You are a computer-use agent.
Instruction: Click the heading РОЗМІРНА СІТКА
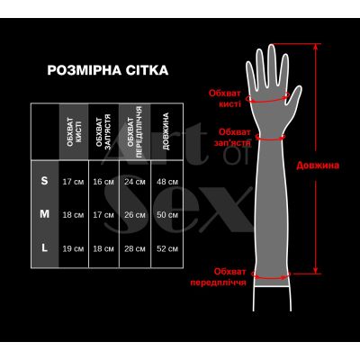[x=105, y=70]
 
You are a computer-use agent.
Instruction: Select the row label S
[x=45, y=182]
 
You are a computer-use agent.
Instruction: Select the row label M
[x=45, y=215]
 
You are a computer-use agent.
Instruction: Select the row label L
[x=45, y=248]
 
